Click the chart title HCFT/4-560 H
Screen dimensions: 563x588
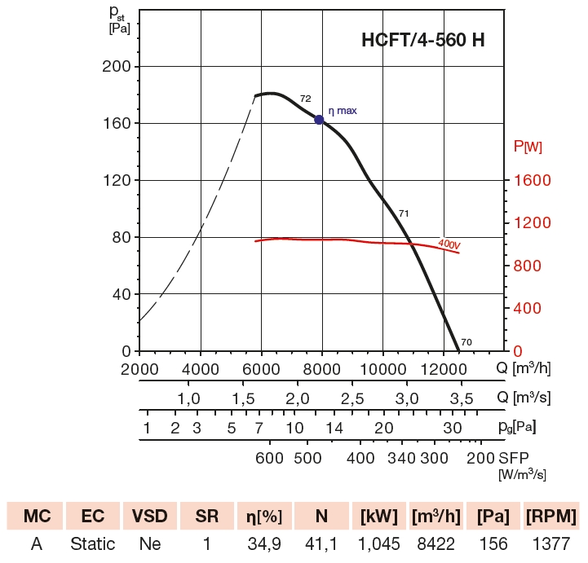click(x=422, y=40)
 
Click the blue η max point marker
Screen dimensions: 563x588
click(x=319, y=120)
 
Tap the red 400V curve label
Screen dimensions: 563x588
click(x=449, y=243)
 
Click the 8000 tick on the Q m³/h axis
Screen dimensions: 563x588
click(x=322, y=368)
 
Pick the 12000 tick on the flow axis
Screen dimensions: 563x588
click(x=444, y=368)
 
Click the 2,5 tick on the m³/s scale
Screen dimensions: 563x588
click(x=352, y=398)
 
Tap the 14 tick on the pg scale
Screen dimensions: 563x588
click(x=334, y=428)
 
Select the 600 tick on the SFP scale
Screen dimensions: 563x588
click(x=270, y=457)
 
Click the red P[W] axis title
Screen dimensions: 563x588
click(x=528, y=147)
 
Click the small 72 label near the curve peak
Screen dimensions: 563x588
click(x=305, y=99)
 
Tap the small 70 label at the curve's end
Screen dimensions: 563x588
click(x=466, y=341)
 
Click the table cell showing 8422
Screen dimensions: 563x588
click(x=436, y=543)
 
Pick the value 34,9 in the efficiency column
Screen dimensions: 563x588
click(x=264, y=543)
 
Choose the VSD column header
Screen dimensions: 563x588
click(x=150, y=517)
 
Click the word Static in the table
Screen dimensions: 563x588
click(x=92, y=543)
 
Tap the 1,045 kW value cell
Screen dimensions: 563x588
click(x=378, y=543)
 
